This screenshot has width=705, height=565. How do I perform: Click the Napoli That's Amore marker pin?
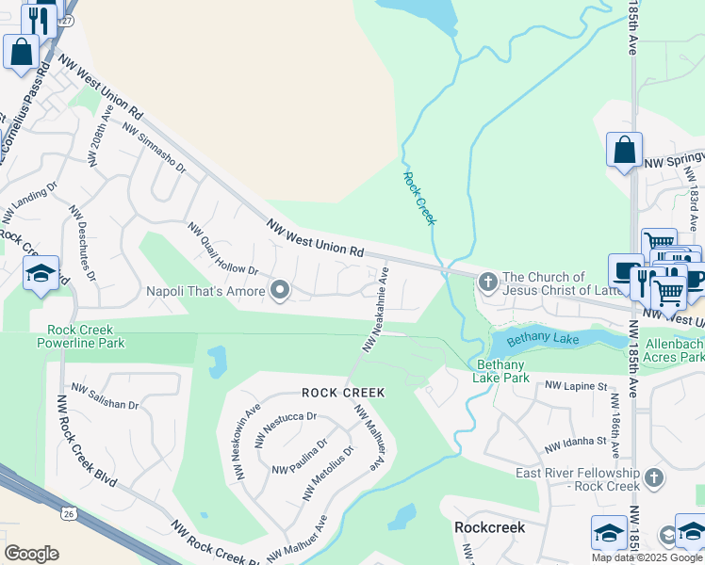pyautogui.click(x=279, y=291)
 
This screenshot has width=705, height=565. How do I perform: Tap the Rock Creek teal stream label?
pyautogui.click(x=419, y=197)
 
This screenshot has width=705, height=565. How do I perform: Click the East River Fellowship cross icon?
pyautogui.click(x=653, y=479)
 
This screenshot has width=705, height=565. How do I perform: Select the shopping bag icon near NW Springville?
pyautogui.click(x=624, y=150)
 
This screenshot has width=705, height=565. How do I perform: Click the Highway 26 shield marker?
pyautogui.click(x=68, y=513)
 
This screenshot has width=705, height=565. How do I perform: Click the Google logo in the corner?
pyautogui.click(x=31, y=554)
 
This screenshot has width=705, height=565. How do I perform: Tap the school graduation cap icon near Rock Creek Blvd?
pyautogui.click(x=41, y=274)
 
